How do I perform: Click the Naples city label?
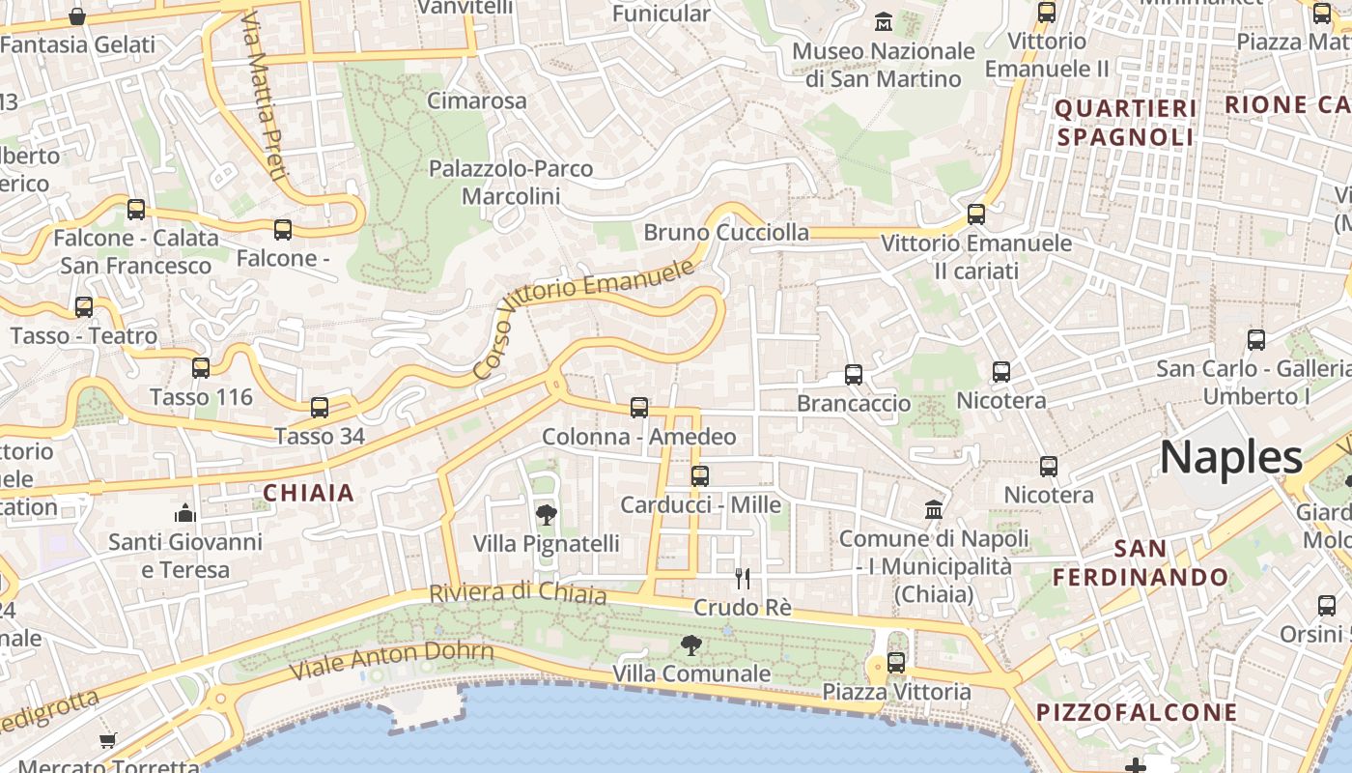(1230, 457)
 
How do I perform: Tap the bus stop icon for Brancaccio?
(853, 375)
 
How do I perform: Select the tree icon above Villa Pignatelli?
(546, 514)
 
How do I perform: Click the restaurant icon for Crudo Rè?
(742, 579)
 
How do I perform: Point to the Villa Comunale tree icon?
(690, 644)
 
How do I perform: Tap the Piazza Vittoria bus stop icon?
(896, 663)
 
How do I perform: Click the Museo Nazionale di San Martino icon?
(883, 21)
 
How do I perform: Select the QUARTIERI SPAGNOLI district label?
(1126, 123)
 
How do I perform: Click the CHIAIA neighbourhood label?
(309, 494)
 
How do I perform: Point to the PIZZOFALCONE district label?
(1137, 713)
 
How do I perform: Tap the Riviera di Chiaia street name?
(518, 593)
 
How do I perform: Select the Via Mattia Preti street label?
(264, 97)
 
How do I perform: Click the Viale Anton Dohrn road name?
(392, 661)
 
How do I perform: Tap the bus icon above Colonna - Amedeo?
(638, 408)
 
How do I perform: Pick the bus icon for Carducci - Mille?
(700, 476)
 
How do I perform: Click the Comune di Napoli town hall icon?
(934, 509)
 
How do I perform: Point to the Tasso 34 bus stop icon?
(320, 408)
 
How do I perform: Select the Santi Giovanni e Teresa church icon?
(184, 512)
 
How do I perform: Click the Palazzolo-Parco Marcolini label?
(511, 183)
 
